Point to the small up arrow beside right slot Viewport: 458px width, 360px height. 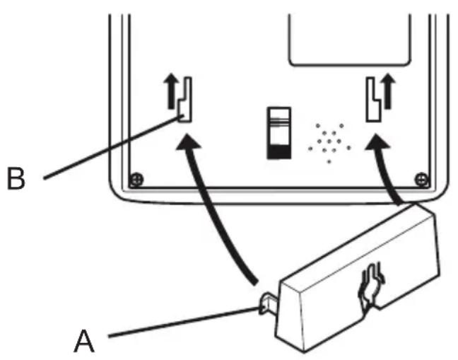tap(388, 88)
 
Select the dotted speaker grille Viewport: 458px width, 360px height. tap(329, 142)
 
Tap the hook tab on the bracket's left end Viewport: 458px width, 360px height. tap(264, 305)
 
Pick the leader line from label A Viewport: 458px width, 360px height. tap(184, 322)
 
